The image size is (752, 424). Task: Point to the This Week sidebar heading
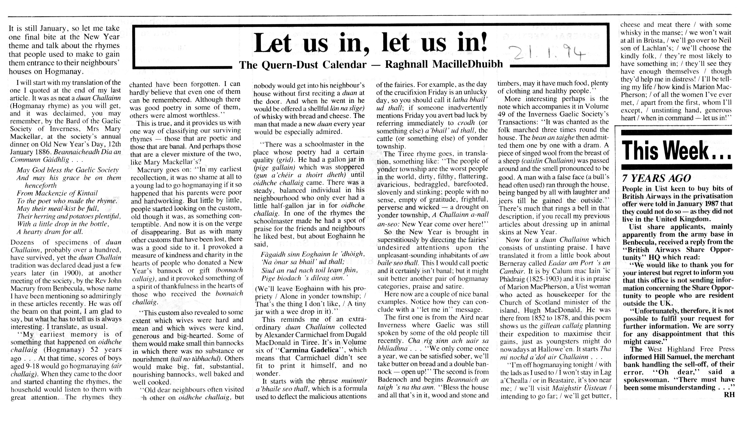[676, 150]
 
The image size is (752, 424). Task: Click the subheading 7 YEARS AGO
[657, 178]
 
